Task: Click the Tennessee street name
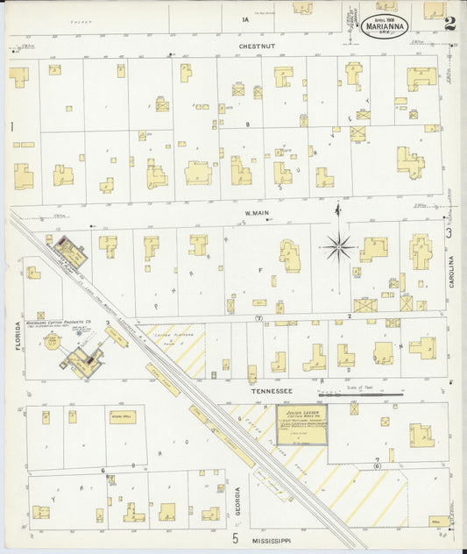pos(268,392)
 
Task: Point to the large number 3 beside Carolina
pos(449,232)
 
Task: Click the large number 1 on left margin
pos(12,128)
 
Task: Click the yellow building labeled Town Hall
pos(122,417)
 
